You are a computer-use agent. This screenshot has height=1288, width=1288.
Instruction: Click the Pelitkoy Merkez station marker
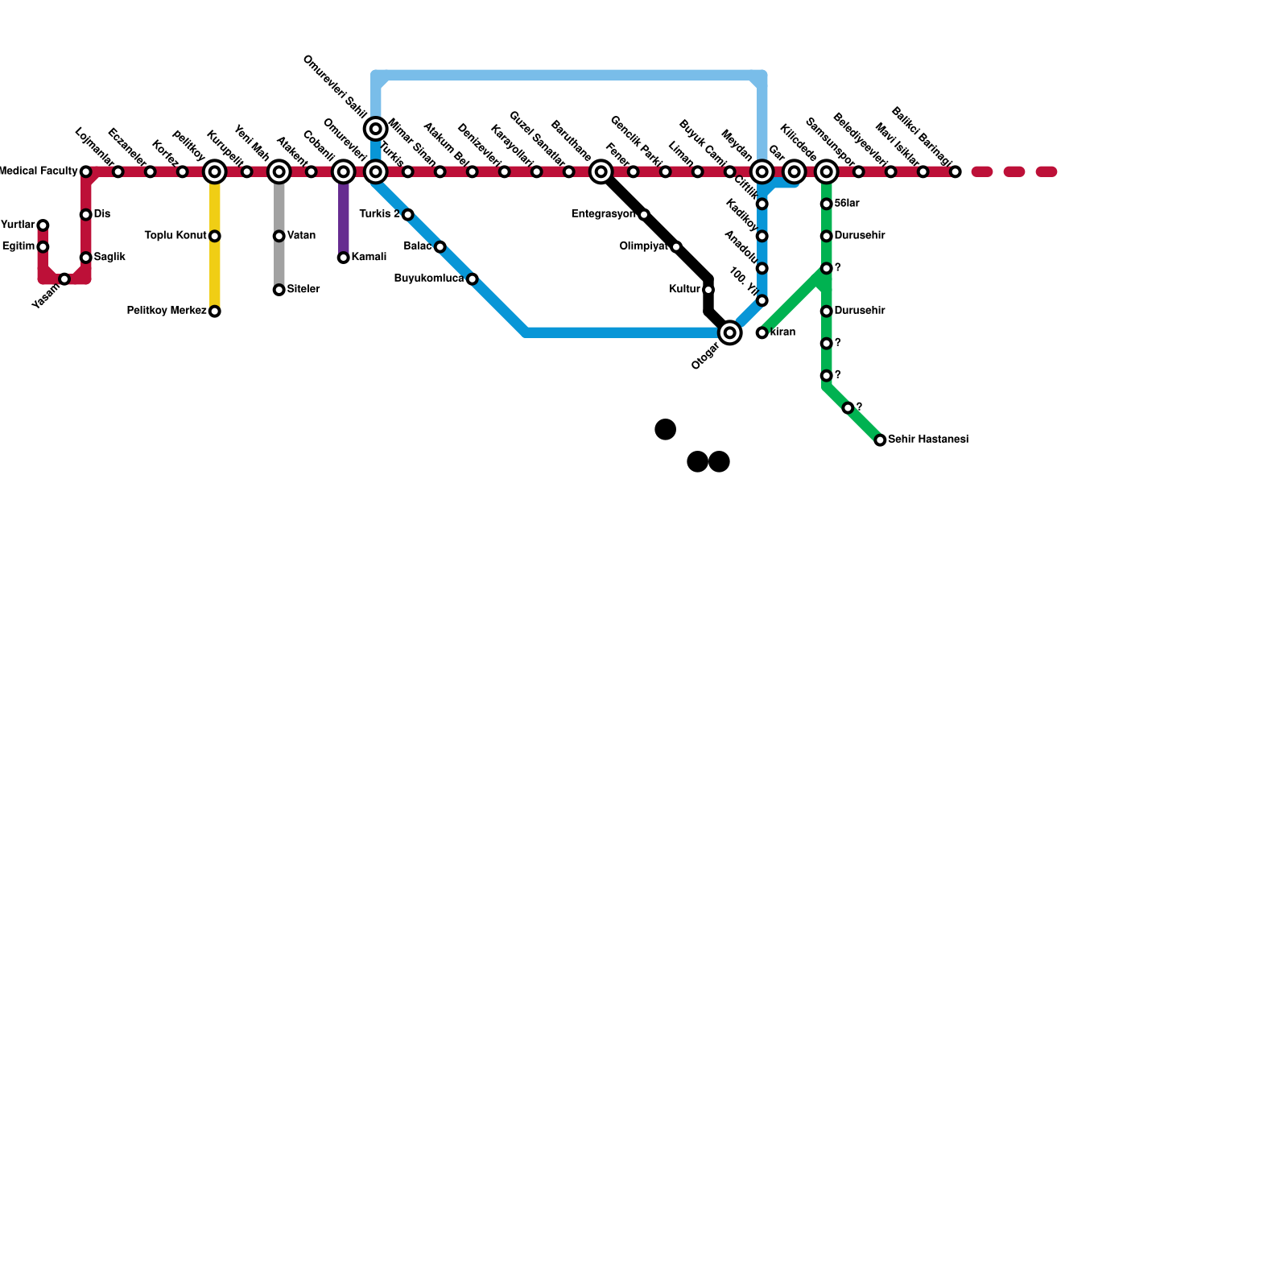click(214, 312)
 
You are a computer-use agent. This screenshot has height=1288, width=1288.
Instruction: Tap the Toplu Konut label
click(175, 236)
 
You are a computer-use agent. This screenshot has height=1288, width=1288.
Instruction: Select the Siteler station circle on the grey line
click(279, 290)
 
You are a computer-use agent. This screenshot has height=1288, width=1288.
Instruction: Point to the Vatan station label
click(301, 236)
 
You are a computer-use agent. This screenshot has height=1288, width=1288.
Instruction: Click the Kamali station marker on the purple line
click(343, 258)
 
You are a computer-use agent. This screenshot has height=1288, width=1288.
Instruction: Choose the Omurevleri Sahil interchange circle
click(375, 129)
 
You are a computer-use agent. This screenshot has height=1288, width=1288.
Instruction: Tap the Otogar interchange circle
click(729, 332)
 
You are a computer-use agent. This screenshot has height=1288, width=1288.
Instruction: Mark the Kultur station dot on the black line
click(708, 290)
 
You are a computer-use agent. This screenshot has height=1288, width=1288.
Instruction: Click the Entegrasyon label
click(603, 214)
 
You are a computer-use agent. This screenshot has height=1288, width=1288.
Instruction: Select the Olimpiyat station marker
click(676, 246)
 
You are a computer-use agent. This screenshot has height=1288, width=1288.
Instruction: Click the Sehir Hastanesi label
click(927, 440)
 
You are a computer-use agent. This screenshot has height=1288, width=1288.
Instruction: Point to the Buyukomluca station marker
click(472, 279)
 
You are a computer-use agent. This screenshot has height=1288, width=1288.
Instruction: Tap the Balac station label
click(418, 246)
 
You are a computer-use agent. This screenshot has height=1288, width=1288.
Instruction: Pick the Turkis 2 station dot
click(407, 215)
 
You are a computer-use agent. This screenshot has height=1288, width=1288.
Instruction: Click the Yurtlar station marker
click(43, 225)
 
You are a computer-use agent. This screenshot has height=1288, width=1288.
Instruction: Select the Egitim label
click(19, 247)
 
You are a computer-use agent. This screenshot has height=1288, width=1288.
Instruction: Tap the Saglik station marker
click(85, 258)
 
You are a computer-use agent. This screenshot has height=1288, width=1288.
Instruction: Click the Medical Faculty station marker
click(85, 171)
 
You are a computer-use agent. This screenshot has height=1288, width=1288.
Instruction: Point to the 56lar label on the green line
click(847, 204)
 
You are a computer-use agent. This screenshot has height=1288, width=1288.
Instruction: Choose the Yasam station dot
click(64, 279)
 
